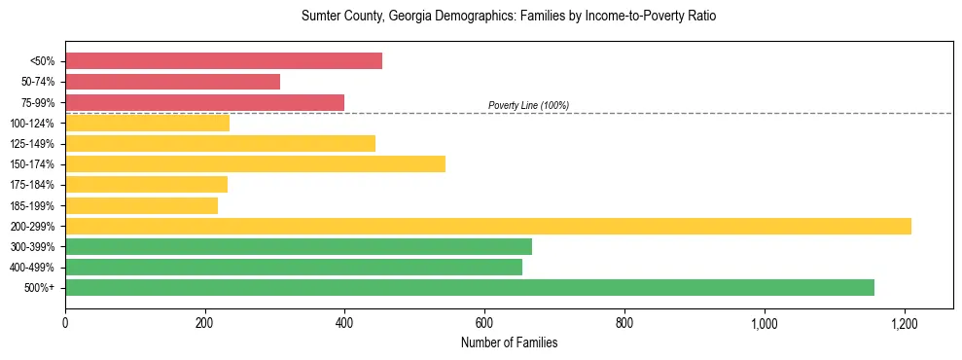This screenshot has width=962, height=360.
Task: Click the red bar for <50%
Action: click(x=224, y=61)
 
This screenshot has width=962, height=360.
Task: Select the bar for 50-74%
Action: click(x=172, y=82)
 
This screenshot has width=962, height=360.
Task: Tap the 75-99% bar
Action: click(x=204, y=102)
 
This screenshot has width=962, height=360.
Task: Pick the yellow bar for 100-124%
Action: click(x=147, y=123)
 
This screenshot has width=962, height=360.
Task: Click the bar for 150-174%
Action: click(x=255, y=163)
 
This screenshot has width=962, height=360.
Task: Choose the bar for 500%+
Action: click(x=470, y=287)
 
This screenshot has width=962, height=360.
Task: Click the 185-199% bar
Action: click(x=141, y=205)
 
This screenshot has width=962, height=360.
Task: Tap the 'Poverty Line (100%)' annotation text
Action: click(x=528, y=105)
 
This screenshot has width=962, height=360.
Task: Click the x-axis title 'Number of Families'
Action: click(x=509, y=342)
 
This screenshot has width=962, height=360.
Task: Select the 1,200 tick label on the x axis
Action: click(x=905, y=322)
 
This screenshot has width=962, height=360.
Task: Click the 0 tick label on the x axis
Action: click(x=65, y=322)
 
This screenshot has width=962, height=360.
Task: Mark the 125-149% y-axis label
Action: click(x=32, y=144)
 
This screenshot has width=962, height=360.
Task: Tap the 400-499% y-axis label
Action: click(x=32, y=268)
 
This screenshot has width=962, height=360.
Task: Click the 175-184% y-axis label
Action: click(x=32, y=185)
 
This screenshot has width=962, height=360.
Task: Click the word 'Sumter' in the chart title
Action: click(x=321, y=17)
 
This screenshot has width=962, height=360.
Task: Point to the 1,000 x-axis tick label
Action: click(x=765, y=322)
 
